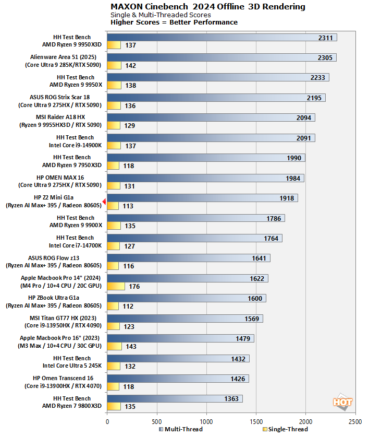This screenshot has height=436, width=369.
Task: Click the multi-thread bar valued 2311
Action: click(x=222, y=38)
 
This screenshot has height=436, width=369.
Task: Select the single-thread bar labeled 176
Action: click(x=116, y=286)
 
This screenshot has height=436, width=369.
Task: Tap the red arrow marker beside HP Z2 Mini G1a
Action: click(x=104, y=202)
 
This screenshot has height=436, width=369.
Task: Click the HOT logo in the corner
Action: click(x=342, y=402)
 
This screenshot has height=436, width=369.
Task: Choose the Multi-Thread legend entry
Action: click(x=179, y=429)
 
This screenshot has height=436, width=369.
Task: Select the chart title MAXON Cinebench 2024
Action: click(x=207, y=7)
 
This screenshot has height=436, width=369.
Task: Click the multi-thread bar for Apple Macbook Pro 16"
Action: click(x=180, y=338)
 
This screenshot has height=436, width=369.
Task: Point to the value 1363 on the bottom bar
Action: click(x=230, y=399)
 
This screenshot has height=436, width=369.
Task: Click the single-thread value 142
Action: click(x=130, y=66)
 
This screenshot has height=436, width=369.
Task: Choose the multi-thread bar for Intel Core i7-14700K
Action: click(x=194, y=238)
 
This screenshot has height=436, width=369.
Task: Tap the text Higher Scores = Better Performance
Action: click(x=174, y=22)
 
